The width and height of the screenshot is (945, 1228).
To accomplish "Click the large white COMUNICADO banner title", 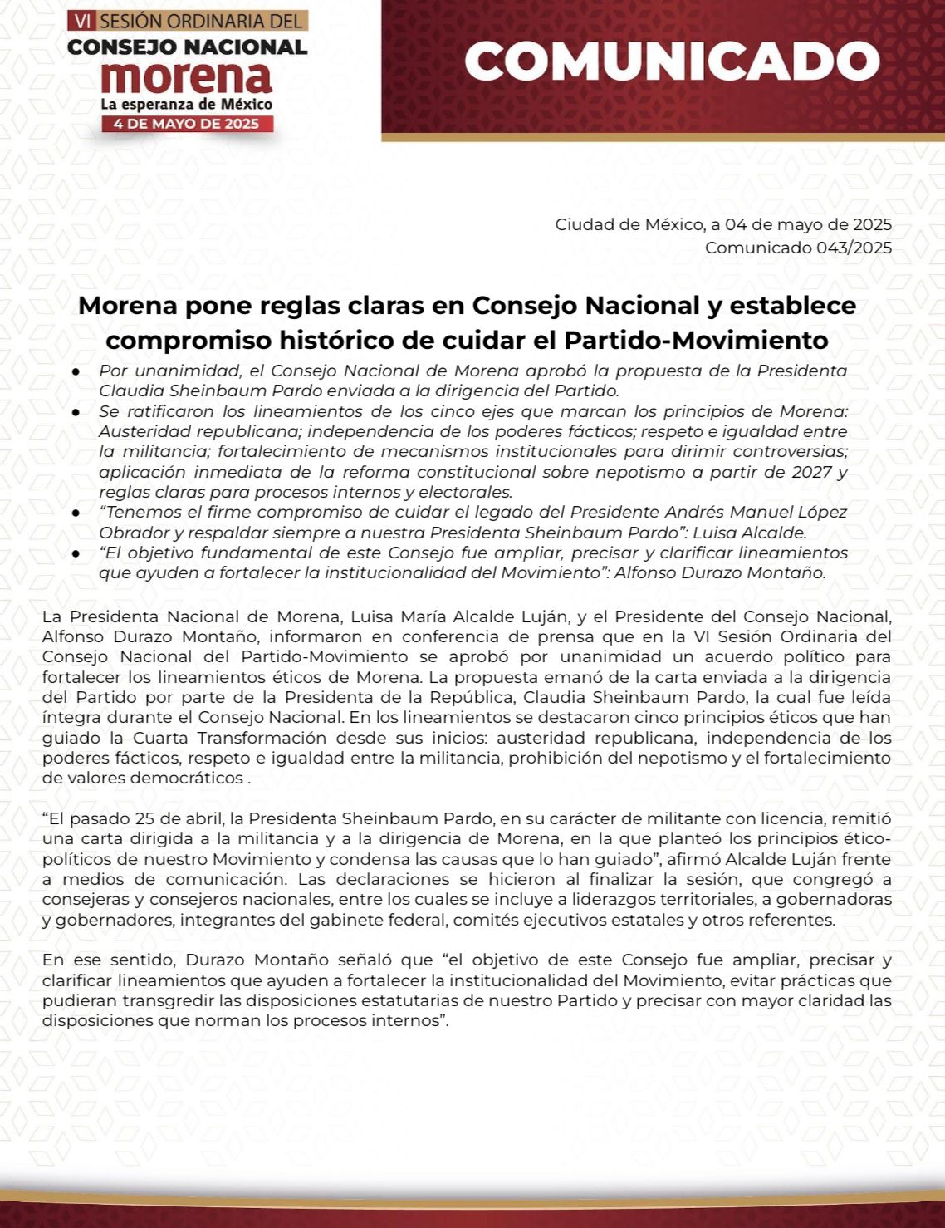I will [x=671, y=61].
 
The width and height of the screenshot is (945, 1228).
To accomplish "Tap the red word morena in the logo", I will [x=187, y=77].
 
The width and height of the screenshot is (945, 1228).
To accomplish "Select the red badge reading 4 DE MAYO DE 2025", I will [x=187, y=124].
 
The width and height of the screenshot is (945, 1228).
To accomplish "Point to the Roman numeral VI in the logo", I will [x=82, y=20].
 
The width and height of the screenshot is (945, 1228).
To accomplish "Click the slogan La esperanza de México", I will [x=187, y=105].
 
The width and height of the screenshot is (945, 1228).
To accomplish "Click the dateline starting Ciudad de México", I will [x=723, y=224].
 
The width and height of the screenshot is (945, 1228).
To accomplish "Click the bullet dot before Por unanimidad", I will [x=76, y=371].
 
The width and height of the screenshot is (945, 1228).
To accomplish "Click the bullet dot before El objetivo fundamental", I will [x=76, y=553].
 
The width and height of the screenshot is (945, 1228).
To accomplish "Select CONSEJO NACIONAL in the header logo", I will [x=187, y=47].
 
